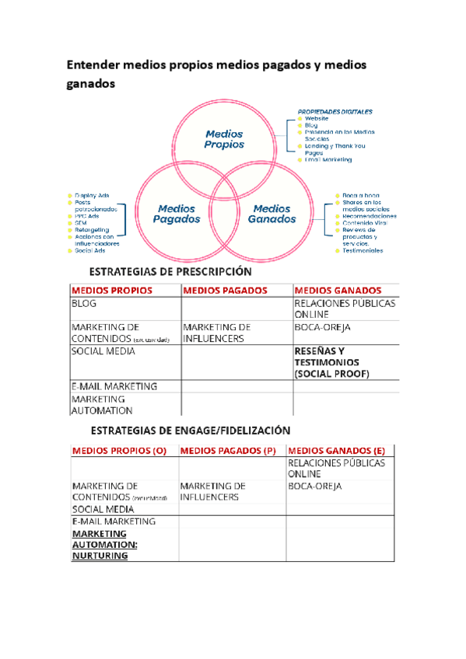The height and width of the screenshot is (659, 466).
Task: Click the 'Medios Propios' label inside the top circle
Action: pyautogui.click(x=224, y=139)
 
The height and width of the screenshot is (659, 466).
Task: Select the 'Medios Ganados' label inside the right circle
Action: pyautogui.click(x=270, y=214)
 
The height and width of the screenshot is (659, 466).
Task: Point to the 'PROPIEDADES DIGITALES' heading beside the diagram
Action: pyautogui.click(x=335, y=111)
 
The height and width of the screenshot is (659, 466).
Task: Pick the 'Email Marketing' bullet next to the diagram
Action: pyautogui.click(x=328, y=159)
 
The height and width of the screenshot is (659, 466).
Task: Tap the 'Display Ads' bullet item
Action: pyautogui.click(x=92, y=195)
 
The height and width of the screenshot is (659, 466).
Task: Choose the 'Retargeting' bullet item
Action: pyautogui.click(x=91, y=230)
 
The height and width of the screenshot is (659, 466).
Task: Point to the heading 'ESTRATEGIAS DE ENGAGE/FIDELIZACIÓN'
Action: pyautogui.click(x=191, y=430)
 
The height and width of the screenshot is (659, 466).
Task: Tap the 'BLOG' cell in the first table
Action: pyautogui.click(x=84, y=305)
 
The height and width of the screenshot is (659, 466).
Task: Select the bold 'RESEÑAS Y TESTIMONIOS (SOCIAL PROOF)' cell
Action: pyautogui.click(x=331, y=363)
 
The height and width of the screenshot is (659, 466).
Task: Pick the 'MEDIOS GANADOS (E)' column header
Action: pyautogui.click(x=336, y=450)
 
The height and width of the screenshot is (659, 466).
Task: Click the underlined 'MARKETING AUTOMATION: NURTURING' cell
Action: pyautogui.click(x=103, y=545)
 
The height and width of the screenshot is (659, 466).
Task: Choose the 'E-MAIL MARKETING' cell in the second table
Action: pyautogui.click(x=114, y=521)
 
